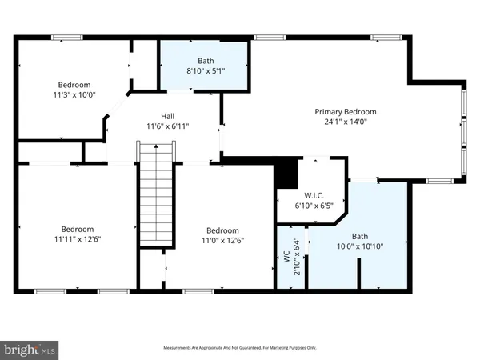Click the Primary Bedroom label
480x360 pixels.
point(345,111)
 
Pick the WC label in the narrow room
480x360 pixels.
point(286,258)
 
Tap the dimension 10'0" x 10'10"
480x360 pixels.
point(360,247)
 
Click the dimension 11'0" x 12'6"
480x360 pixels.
point(223,238)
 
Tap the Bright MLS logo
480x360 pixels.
point(30,349)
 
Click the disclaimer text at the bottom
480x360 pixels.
point(240,348)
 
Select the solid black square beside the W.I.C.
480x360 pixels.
point(285,174)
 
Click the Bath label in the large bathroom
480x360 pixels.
point(360,236)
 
